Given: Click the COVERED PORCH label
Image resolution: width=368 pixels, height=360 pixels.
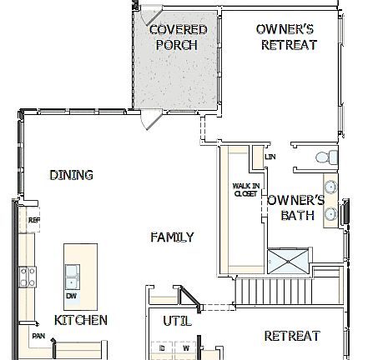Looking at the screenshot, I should coord(178,37).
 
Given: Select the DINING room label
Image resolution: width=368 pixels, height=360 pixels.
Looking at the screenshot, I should coord(71,175).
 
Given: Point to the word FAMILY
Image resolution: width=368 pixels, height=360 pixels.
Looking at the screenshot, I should coord(172,237).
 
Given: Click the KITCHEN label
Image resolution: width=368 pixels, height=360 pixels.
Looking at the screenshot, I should coord(81,320).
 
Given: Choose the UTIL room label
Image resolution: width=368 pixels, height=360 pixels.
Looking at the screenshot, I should coord(177,320).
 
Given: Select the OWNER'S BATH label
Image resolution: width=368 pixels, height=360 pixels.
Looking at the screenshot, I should coord(295,207).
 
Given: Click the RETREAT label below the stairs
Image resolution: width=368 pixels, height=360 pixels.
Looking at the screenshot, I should coord(292,336).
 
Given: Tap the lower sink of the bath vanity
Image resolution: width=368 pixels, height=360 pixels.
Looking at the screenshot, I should coord(330,213).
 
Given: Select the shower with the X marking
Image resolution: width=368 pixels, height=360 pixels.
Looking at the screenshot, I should coord(286,262).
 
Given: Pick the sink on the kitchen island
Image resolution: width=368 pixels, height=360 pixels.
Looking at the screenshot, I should coord(73,272).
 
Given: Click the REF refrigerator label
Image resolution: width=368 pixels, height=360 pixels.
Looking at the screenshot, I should coord(34,221).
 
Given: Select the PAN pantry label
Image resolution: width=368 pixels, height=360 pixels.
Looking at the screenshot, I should coord(38,336).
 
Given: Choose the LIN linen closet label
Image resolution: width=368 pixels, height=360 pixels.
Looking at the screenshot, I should coord(270,157).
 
